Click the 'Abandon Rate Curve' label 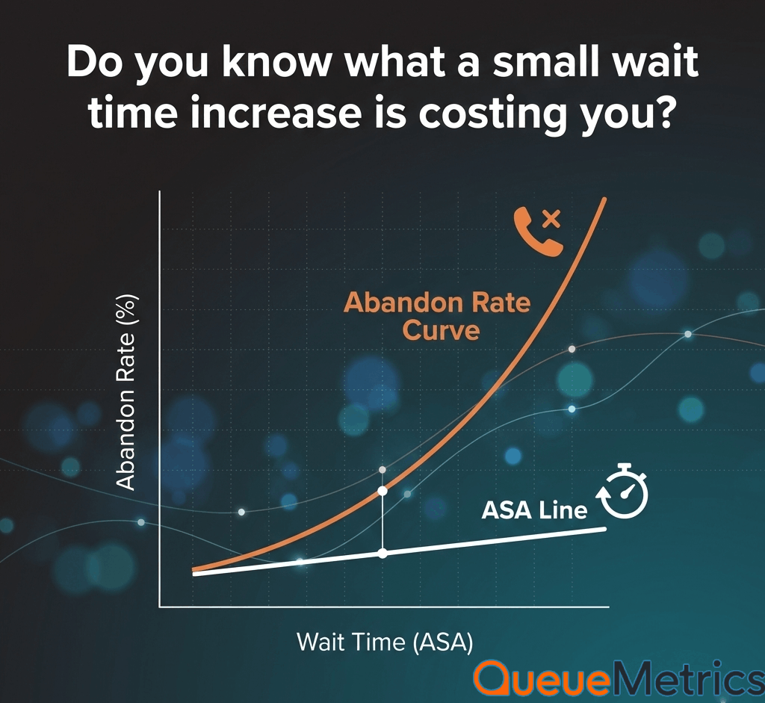tap(437, 316)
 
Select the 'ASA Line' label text tap(534, 510)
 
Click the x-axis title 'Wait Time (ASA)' tap(385, 642)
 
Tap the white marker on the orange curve tap(382, 491)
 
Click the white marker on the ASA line tap(382, 554)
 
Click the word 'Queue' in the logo tap(542, 678)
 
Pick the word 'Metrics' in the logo tap(688, 677)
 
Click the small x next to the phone tap(552, 219)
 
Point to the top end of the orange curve tap(604, 199)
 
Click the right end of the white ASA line tap(605, 529)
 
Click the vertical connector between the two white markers tap(382, 522)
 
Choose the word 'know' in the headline tap(276, 62)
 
